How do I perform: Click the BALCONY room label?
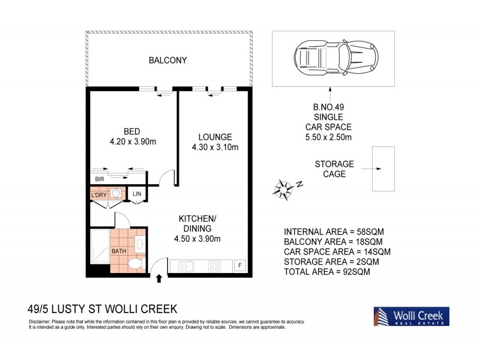pos(168,61)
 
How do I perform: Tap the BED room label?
pos(132,131)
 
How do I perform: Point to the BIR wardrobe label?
pos(98,179)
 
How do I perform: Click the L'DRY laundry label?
pos(99,196)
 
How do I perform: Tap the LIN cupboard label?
pos(137,193)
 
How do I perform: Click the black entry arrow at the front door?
pos(159,278)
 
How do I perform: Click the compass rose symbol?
pos(283,188)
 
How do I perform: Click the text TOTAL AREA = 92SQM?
pos(327,272)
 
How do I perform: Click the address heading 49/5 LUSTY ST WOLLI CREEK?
pos(103,310)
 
